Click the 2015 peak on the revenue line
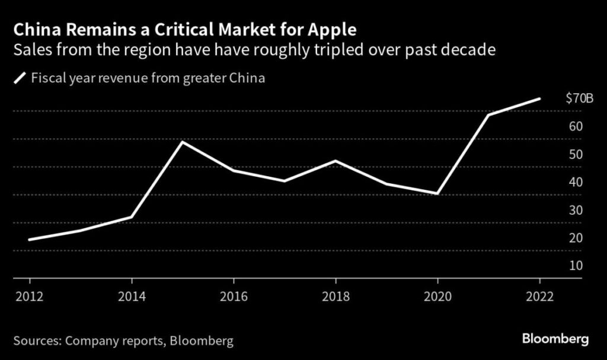(x=182, y=142)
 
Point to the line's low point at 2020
(x=437, y=193)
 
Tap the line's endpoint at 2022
(x=539, y=98)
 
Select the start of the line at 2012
(x=30, y=240)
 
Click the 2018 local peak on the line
(x=336, y=161)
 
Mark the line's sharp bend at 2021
(x=488, y=114)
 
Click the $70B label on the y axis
(x=579, y=98)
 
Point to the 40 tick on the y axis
(x=576, y=183)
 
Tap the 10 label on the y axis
(x=576, y=266)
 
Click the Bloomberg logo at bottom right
(x=555, y=339)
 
